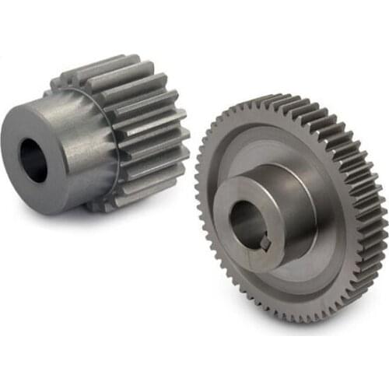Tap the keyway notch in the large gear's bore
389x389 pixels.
click(x=264, y=243)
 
